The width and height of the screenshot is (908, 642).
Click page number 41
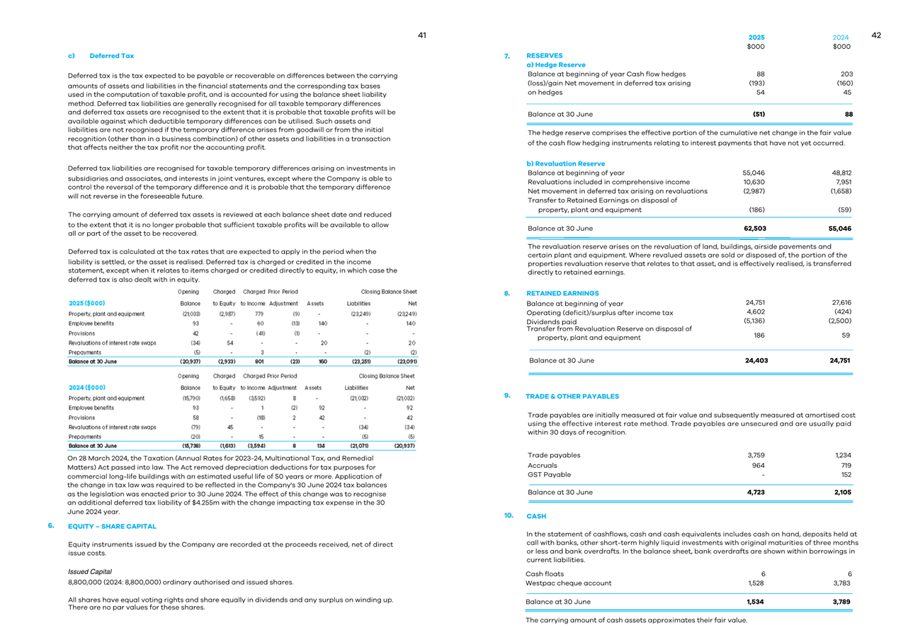click(421, 35)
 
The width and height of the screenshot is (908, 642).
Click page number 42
click(876, 35)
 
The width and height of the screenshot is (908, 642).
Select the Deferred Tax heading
click(111, 55)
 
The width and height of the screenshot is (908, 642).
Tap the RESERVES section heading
click(545, 55)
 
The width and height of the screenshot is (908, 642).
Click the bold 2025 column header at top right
click(756, 38)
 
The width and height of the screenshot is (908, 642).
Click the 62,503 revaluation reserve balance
click(754, 229)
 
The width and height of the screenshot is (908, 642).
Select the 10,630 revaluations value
click(754, 182)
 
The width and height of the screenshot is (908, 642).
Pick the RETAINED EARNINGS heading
click(562, 293)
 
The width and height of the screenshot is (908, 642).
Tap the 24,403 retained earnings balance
click(756, 360)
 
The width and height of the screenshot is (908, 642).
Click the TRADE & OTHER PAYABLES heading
click(572, 396)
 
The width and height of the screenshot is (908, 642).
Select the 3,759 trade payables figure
click(756, 455)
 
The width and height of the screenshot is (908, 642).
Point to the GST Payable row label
click(549, 475)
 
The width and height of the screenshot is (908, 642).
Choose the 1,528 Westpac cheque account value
click(756, 583)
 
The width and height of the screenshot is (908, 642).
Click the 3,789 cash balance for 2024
click(841, 602)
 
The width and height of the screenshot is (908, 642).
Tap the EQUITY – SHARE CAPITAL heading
click(112, 527)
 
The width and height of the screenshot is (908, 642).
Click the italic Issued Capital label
click(89, 571)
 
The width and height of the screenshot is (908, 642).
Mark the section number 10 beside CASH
click(509, 515)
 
